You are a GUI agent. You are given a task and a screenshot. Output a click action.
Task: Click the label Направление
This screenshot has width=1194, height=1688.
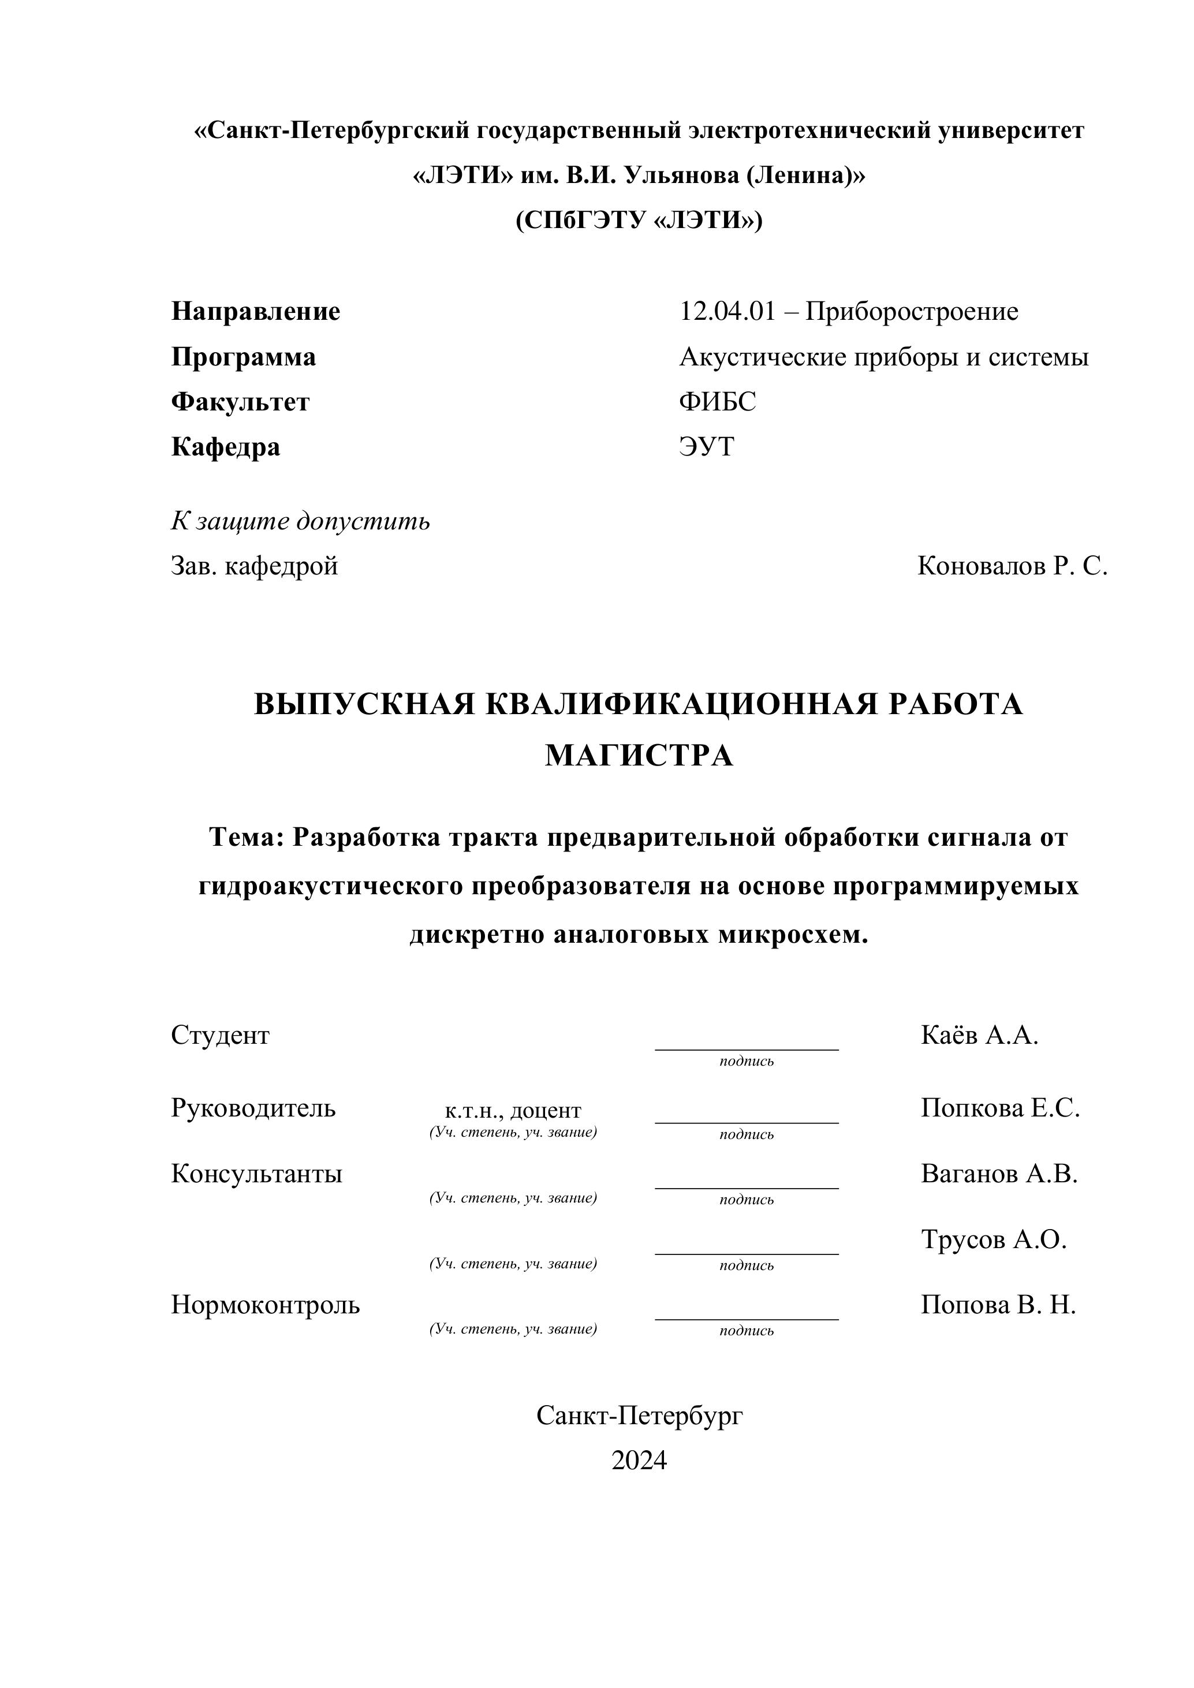pyautogui.click(x=255, y=312)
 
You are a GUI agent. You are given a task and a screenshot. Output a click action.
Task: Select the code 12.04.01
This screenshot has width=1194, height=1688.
pyautogui.click(x=727, y=312)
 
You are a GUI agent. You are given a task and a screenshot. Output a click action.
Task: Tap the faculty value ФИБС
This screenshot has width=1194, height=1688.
pyautogui.click(x=717, y=402)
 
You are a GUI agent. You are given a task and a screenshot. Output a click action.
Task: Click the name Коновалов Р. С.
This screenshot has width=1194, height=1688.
pyautogui.click(x=1012, y=566)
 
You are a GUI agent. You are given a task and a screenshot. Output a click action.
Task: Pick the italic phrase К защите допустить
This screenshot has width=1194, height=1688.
pyautogui.click(x=300, y=521)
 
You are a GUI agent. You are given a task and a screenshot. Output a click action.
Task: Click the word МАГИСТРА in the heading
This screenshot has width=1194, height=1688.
pyautogui.click(x=638, y=756)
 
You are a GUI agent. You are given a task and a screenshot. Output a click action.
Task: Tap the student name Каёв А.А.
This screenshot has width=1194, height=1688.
pyautogui.click(x=979, y=1035)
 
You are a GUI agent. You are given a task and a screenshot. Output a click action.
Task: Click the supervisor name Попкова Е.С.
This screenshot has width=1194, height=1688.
pyautogui.click(x=1000, y=1108)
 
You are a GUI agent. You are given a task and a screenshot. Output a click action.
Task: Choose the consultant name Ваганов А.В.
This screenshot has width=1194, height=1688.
pyautogui.click(x=998, y=1174)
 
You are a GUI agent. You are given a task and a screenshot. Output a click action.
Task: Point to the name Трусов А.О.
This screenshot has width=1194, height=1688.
pyautogui.click(x=993, y=1239)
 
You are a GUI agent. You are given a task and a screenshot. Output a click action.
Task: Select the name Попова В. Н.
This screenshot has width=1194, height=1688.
pyautogui.click(x=998, y=1305)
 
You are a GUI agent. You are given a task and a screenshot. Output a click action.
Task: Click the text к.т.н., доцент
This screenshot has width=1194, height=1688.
pyautogui.click(x=513, y=1110)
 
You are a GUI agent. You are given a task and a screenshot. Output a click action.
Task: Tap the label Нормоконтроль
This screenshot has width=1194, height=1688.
pyautogui.click(x=266, y=1305)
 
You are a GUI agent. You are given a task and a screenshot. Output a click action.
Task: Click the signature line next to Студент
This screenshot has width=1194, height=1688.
pyautogui.click(x=746, y=1048)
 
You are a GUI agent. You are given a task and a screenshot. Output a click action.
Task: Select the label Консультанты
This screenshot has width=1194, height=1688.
pyautogui.click(x=256, y=1174)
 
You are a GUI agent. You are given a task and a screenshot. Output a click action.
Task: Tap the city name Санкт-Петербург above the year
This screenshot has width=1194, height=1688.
pyautogui.click(x=638, y=1416)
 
